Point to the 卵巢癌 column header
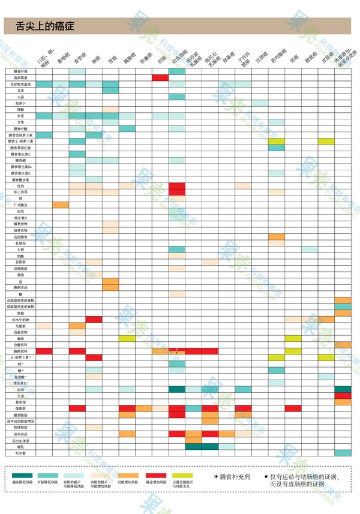coord(228,59)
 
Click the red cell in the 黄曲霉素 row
coord(160,78)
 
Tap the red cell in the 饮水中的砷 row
coord(94,320)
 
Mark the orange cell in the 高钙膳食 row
coord(277,237)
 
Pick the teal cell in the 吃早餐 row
coord(343,453)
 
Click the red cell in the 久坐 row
coord(343,396)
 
